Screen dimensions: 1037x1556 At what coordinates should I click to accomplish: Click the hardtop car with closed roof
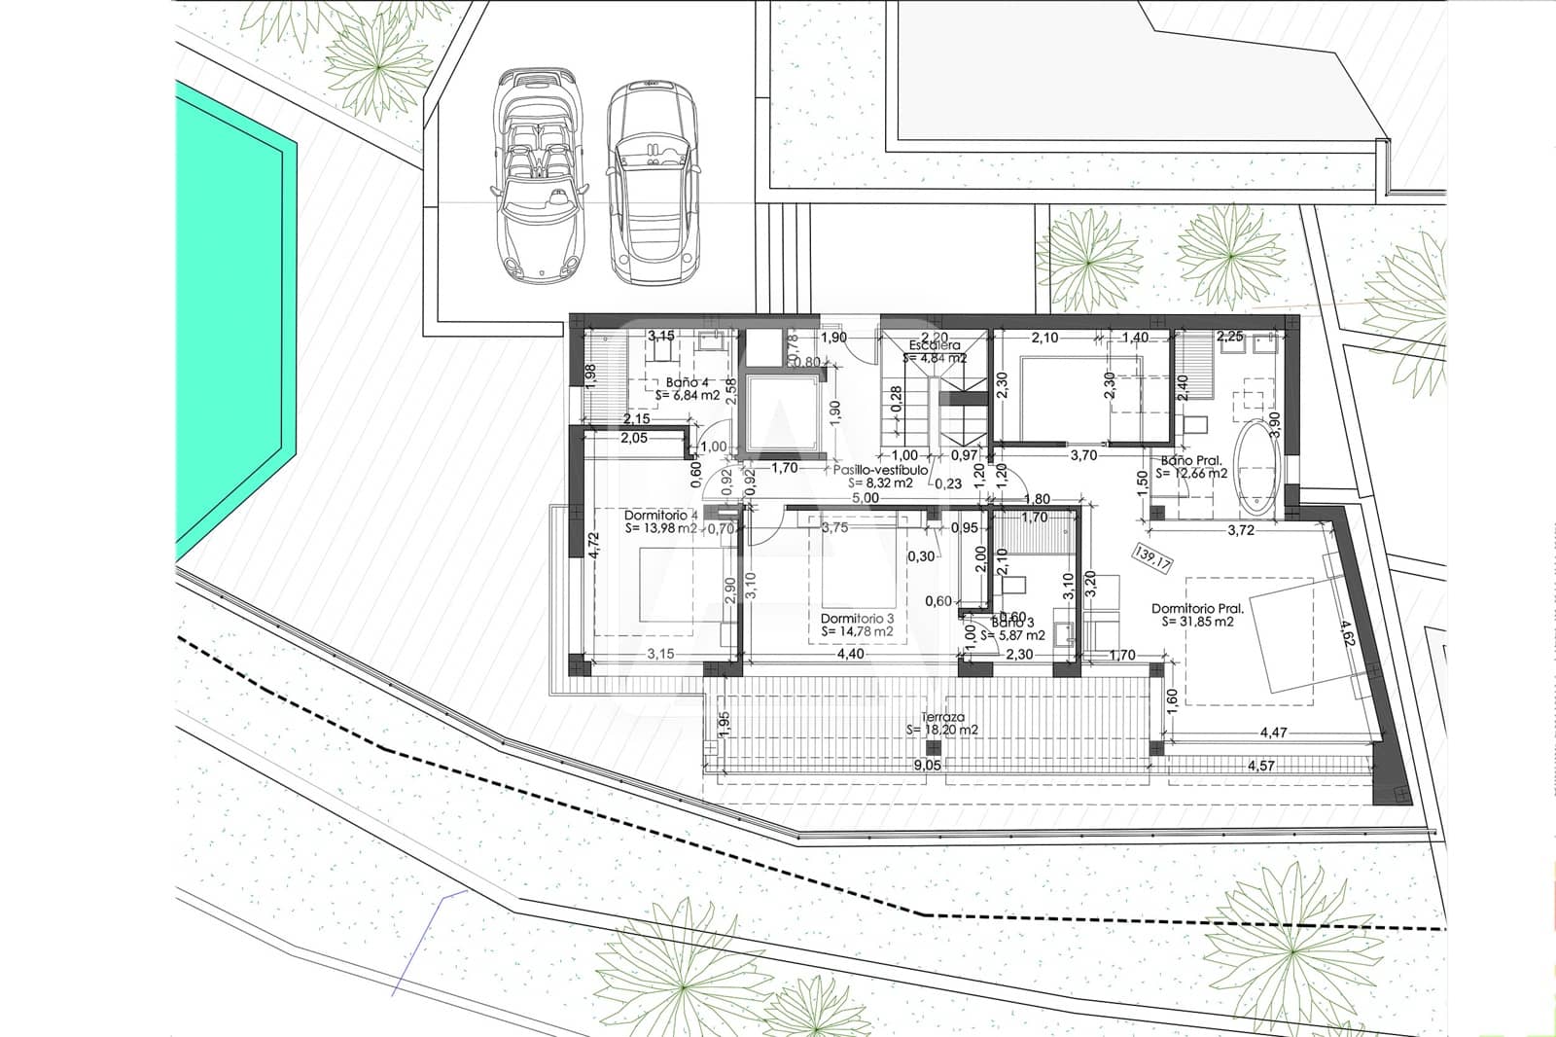[x=653, y=182]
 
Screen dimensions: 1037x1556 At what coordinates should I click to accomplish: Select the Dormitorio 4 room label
[x=661, y=515]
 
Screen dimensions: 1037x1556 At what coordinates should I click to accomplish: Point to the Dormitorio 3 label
[x=857, y=618]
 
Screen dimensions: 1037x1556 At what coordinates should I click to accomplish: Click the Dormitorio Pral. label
[x=1197, y=608]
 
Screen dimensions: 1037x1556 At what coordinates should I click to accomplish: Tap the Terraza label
[x=942, y=716]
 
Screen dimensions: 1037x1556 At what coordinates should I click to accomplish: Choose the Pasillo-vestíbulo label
[x=872, y=469]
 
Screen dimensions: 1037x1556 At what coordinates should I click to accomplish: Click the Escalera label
[x=935, y=345]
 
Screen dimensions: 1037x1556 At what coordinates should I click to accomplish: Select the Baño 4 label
[x=687, y=382]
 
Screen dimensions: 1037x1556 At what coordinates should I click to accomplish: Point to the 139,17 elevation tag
[x=1154, y=556]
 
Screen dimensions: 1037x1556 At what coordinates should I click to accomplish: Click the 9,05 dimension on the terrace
[x=927, y=766]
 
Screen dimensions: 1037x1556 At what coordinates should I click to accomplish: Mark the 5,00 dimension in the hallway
[x=866, y=497]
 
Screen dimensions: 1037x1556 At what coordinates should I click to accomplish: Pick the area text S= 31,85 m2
[x=1198, y=622]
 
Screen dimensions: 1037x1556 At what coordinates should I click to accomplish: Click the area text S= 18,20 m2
[x=942, y=730]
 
